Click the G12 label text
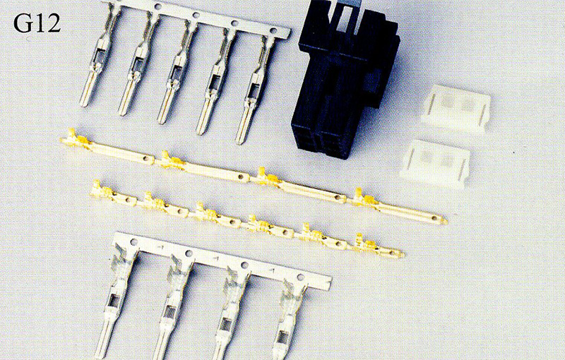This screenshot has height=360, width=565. [37, 24]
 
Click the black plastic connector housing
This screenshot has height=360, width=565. [345, 79]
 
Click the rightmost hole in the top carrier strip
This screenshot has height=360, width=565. [273, 30]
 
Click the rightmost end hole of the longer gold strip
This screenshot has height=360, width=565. [435, 218]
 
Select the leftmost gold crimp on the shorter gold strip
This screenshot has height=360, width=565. [102, 190]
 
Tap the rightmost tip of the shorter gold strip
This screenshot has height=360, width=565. [403, 255]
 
